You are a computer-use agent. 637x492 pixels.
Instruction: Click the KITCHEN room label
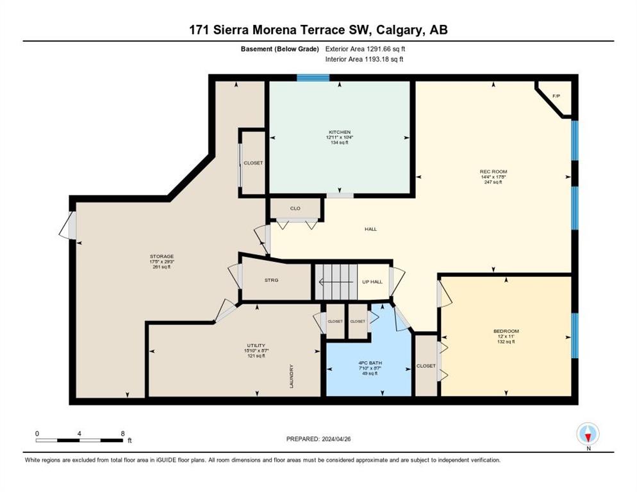(340, 132)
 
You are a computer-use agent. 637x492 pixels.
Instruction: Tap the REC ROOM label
(493, 172)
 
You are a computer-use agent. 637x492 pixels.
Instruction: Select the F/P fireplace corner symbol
(556, 96)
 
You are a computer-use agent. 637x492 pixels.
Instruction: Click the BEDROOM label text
(506, 331)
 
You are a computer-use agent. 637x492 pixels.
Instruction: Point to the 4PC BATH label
(368, 362)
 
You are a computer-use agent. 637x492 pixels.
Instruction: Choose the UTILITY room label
(256, 345)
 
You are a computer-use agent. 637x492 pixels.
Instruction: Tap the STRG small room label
(270, 280)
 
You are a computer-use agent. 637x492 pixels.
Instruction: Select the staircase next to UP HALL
(335, 281)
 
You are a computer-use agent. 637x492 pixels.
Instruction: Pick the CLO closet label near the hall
(295, 208)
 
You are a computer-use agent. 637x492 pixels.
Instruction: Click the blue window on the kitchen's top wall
(313, 78)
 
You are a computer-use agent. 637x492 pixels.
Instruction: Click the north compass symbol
(588, 434)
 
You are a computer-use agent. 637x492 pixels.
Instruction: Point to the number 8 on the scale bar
(122, 433)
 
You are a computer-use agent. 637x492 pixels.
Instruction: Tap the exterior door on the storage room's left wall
(69, 225)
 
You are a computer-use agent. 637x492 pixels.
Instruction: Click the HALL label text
(371, 229)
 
